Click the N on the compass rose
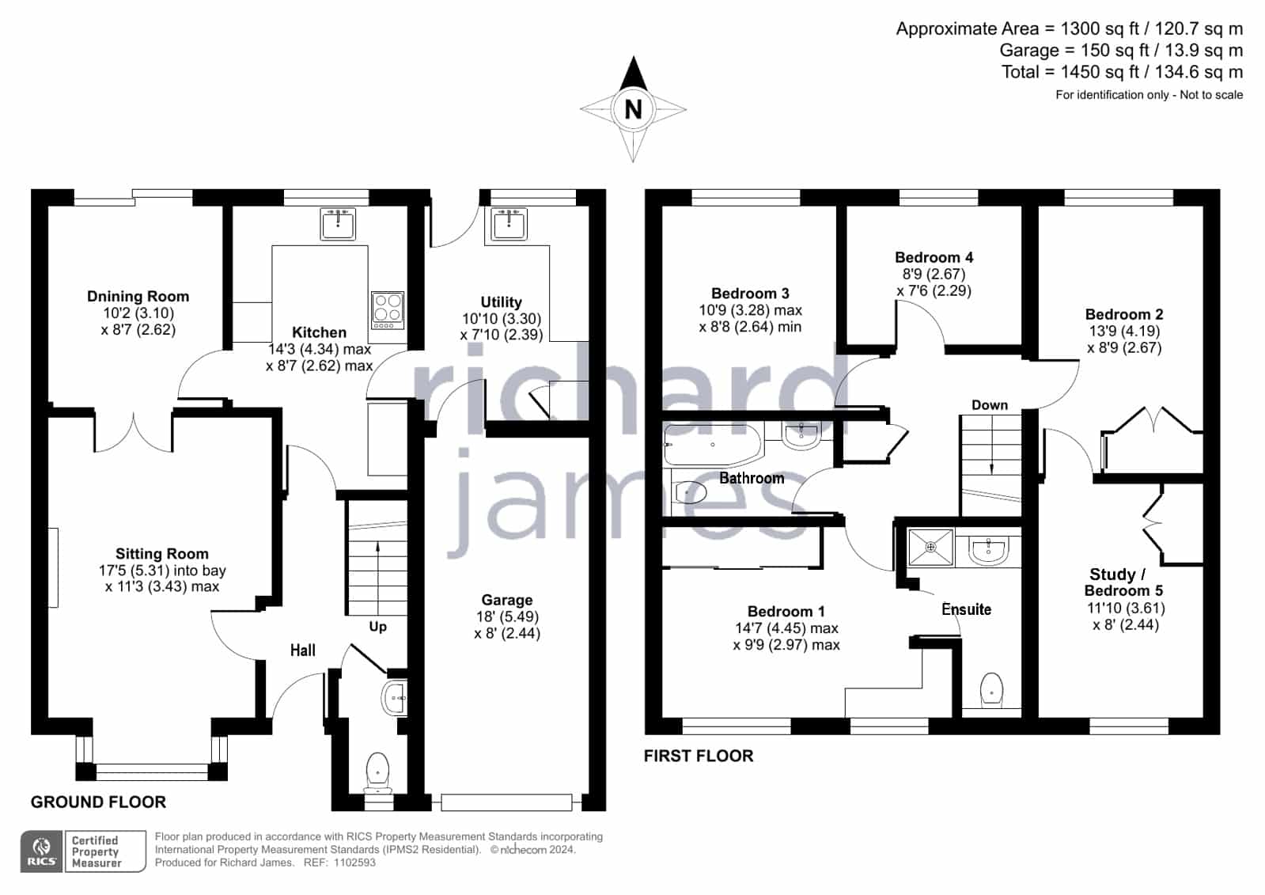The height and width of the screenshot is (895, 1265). (x=633, y=108)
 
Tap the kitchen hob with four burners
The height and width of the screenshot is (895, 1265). (x=388, y=309)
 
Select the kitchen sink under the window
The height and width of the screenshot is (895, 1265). (x=338, y=224)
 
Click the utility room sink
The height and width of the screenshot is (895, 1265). (x=509, y=224)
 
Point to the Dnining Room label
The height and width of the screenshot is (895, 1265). (x=138, y=296)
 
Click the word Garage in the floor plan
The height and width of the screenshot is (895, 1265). (x=507, y=600)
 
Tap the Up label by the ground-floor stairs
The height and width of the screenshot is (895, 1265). (x=378, y=627)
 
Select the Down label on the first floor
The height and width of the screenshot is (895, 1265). (x=990, y=405)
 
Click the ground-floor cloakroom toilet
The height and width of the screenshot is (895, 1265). (x=377, y=772)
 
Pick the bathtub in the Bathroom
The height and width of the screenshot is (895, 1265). (x=714, y=444)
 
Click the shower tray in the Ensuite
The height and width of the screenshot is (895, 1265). (x=930, y=547)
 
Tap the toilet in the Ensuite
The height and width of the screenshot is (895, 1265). (x=991, y=689)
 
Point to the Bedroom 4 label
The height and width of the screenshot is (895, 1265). (x=934, y=257)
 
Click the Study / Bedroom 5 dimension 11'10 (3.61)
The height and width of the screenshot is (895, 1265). (x=1126, y=608)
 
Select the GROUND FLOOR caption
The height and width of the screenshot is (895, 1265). (x=98, y=802)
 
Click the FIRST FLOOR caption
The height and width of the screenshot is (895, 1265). (x=699, y=756)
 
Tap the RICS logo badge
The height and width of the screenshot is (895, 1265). (x=42, y=851)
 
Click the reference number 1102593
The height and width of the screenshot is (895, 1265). (x=354, y=863)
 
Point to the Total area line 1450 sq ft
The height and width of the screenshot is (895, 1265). (x=1122, y=72)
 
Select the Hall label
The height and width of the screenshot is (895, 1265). (x=303, y=650)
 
